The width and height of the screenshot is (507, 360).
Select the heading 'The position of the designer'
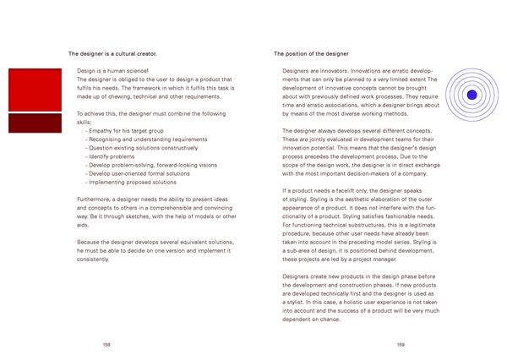point(311,53)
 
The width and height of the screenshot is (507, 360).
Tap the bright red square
point(33,89)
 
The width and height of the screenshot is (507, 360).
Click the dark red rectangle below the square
point(33,123)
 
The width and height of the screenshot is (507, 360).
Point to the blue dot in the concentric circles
point(472,94)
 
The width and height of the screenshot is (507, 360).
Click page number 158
point(106,345)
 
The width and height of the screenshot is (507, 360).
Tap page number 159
point(400,345)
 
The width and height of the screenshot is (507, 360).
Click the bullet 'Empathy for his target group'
point(127,131)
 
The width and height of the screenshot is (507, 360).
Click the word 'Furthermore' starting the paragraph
point(94,199)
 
